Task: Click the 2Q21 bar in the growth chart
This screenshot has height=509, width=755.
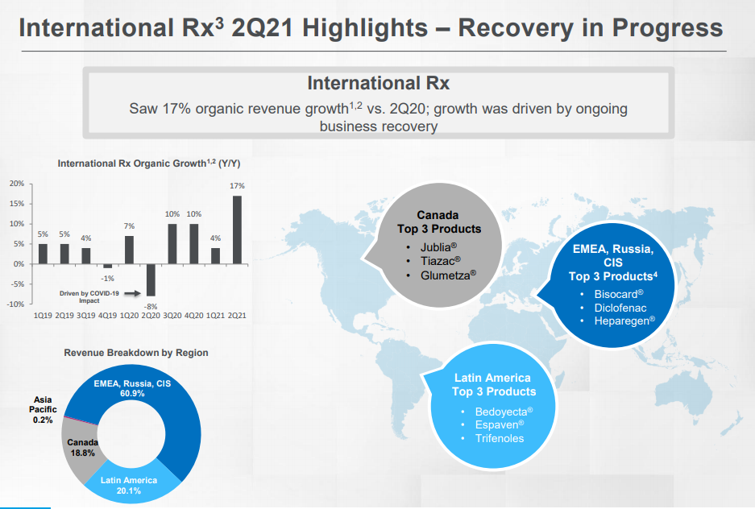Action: [x=237, y=230]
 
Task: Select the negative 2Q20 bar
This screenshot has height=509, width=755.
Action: [x=150, y=279]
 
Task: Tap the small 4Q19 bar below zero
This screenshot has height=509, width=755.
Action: [x=107, y=266]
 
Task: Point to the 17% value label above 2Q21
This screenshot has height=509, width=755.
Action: [x=237, y=186]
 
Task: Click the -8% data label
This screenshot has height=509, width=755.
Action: [x=151, y=306]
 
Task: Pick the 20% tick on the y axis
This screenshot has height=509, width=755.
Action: [x=16, y=184]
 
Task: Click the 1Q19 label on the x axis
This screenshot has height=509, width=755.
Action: [x=43, y=316]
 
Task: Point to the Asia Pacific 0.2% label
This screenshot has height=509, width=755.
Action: [x=44, y=410]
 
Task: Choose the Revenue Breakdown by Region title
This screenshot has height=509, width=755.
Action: [x=136, y=353]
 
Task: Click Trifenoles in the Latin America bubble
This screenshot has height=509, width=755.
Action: [x=500, y=438]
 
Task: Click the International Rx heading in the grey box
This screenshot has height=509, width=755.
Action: [x=378, y=83]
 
